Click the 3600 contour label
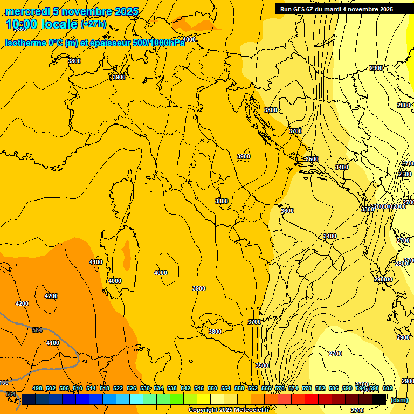[x=287, y=211]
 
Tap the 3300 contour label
[x=367, y=209]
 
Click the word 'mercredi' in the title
[x=27, y=11]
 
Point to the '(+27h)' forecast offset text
[x=93, y=24]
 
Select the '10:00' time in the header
[x=21, y=25]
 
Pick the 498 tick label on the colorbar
[x=37, y=388]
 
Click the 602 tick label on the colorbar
[x=387, y=388]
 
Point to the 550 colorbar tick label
[x=212, y=388]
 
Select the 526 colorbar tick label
[x=132, y=388]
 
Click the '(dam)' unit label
[x=399, y=400]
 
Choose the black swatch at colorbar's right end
[x=379, y=399]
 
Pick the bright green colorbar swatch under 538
[x=177, y=399]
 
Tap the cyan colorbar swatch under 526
[x=136, y=399]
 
